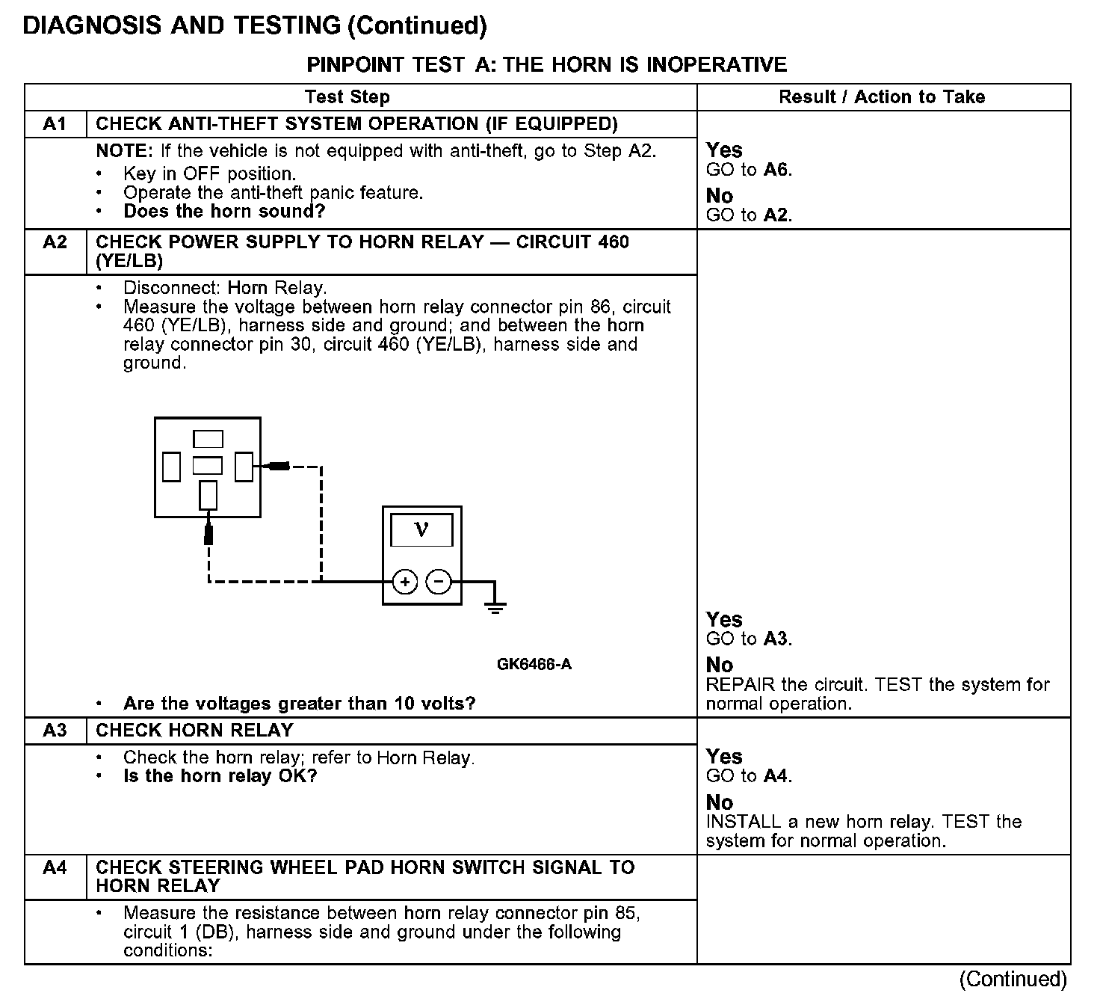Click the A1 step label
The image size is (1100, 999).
[55, 124]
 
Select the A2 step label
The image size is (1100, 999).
[55, 242]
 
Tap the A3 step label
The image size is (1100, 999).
[55, 731]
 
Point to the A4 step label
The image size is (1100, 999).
[55, 868]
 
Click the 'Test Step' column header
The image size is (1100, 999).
[347, 97]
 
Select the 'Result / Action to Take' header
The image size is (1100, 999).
[882, 97]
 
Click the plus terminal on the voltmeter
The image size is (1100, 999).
[404, 582]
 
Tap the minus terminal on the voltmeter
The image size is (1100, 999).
[439, 582]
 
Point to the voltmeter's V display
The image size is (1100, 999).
[421, 530]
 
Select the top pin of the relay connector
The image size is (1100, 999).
[207, 439]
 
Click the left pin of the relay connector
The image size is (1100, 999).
[171, 467]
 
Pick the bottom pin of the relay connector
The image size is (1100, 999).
[208, 495]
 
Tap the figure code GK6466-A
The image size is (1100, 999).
[534, 665]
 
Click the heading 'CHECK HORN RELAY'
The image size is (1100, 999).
[195, 731]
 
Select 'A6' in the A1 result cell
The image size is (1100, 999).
[776, 170]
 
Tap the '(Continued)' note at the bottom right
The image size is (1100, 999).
[1013, 979]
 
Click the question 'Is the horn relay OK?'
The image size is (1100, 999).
[220, 776]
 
